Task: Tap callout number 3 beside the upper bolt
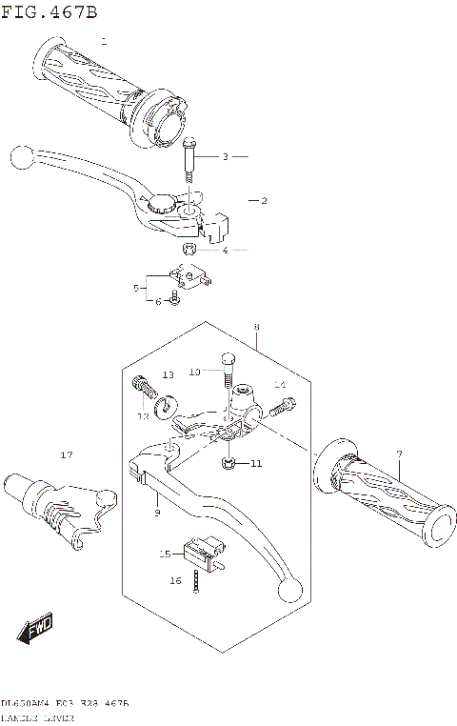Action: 226,156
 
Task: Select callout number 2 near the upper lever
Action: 264,200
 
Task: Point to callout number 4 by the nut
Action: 226,251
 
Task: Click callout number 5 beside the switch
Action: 137,287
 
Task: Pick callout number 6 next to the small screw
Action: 158,301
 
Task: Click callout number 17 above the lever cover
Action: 66,454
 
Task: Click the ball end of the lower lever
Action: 291,591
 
